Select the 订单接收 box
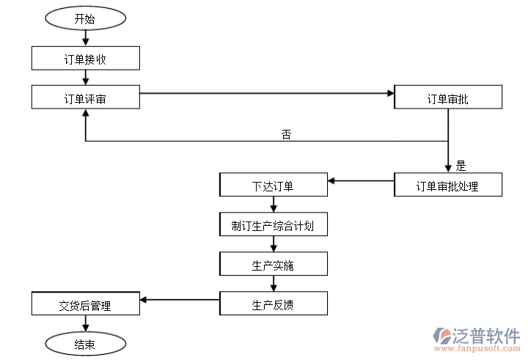point(85,59)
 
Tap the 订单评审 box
point(85,98)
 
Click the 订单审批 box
point(448,98)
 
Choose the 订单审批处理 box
point(448,185)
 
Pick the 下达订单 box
point(273,185)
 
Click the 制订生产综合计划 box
point(273,224)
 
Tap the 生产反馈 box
point(273,303)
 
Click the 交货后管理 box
point(85,304)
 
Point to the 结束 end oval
point(85,342)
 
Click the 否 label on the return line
point(286,134)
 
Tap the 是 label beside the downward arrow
point(461,165)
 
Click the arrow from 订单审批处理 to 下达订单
point(361,180)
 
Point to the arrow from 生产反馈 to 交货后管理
point(180,298)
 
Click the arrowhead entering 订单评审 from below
point(86,114)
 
